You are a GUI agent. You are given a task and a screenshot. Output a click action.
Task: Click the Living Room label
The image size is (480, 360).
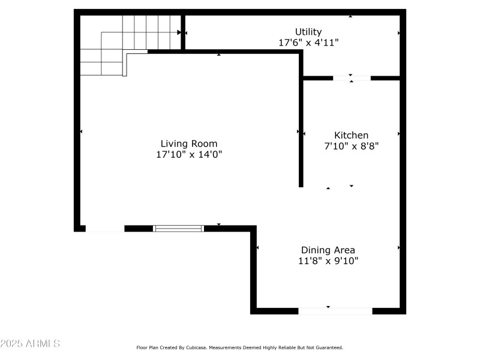click(x=188, y=143)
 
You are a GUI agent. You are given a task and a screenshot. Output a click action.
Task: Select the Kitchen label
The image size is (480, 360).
click(x=351, y=135)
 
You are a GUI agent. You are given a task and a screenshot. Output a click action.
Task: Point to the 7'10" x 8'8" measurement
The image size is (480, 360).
click(x=351, y=146)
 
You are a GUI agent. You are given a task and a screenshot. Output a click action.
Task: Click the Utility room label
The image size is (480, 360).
click(x=308, y=32)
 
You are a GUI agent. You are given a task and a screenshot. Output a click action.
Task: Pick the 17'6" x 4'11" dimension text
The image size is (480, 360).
click(x=308, y=43)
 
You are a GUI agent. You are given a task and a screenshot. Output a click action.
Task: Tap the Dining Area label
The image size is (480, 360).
click(x=328, y=250)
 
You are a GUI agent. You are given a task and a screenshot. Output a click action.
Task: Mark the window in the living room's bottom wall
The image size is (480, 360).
click(x=178, y=228)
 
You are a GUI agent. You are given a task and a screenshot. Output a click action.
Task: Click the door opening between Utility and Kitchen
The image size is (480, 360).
click(x=352, y=78)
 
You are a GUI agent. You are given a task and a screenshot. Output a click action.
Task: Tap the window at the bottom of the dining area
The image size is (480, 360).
click(x=335, y=311)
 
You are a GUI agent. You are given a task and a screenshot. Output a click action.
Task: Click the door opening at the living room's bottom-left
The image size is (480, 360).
click(x=104, y=229)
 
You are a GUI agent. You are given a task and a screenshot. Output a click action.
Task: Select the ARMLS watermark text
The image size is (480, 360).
click(x=30, y=344)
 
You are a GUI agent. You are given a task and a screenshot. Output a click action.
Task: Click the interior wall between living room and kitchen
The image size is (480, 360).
click(x=301, y=120)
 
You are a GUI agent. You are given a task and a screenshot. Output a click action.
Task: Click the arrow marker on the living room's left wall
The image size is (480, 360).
click(x=80, y=131)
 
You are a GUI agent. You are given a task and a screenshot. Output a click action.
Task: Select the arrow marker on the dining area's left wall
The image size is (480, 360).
click(x=257, y=247)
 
